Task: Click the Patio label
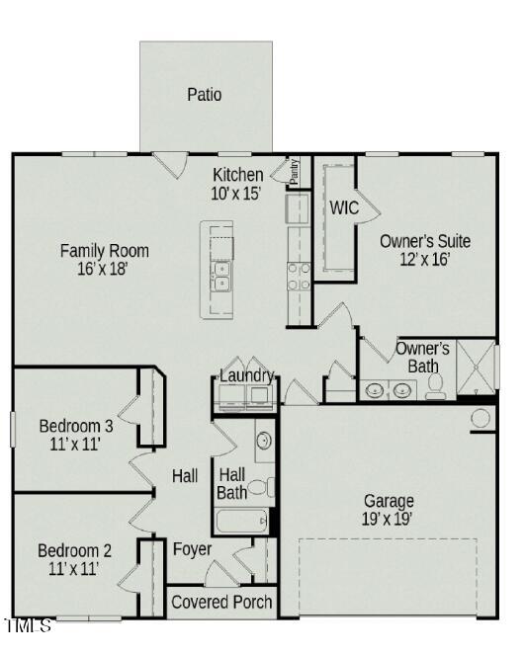[205, 95]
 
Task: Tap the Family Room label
[104, 259]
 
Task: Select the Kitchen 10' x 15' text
[237, 184]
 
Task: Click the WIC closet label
[344, 207]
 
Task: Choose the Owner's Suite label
[425, 250]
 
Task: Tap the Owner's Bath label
[423, 358]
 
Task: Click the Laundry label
[246, 376]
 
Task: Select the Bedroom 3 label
[75, 435]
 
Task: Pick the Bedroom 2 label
[74, 559]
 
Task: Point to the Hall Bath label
[232, 483]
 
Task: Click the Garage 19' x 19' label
[389, 509]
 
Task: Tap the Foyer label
[193, 549]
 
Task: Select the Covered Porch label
[222, 602]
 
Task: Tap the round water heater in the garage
[481, 418]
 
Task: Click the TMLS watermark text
[28, 626]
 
